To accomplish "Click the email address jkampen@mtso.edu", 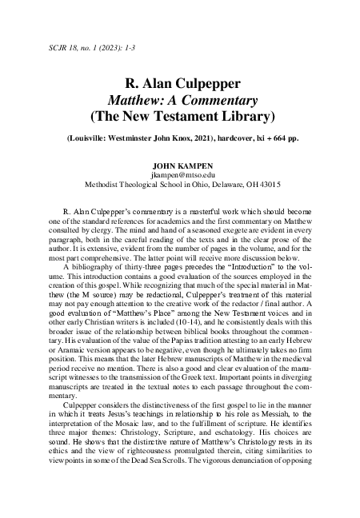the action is pyautogui.click(x=179, y=174).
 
